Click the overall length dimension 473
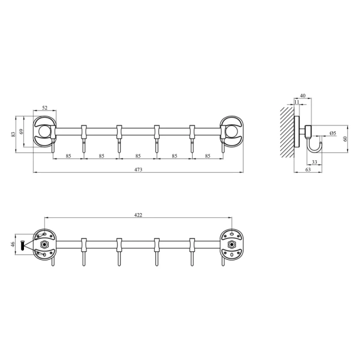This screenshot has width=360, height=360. coord(138,169)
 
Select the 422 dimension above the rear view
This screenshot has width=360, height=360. coord(138,215)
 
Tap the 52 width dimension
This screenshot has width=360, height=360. coord(45,107)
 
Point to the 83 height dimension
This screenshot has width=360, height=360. coord(13,134)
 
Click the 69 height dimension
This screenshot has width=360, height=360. coord(22,131)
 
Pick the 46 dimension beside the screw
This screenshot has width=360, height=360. coord(13,244)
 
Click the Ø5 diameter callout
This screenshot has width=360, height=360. coord(332,133)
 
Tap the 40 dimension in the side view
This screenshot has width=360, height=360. coord(303,95)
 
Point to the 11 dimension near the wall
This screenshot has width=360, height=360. coord(297,102)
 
